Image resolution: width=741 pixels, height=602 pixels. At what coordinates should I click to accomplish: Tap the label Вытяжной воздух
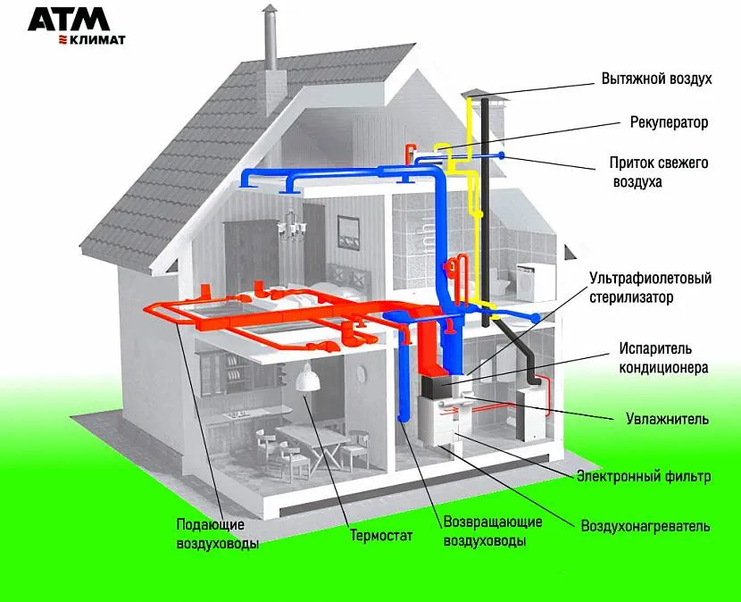coord(656,79)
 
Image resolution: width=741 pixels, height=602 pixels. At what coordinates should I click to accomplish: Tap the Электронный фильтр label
coord(644,477)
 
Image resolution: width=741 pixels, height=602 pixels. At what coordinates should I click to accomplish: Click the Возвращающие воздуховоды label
coord(484,531)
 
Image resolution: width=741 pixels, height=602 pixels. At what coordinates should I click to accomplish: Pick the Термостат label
coord(381,536)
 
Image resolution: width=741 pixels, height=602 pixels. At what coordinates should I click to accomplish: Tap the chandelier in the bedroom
coord(289,228)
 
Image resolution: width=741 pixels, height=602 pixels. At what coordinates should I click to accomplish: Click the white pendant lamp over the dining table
coord(308,381)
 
